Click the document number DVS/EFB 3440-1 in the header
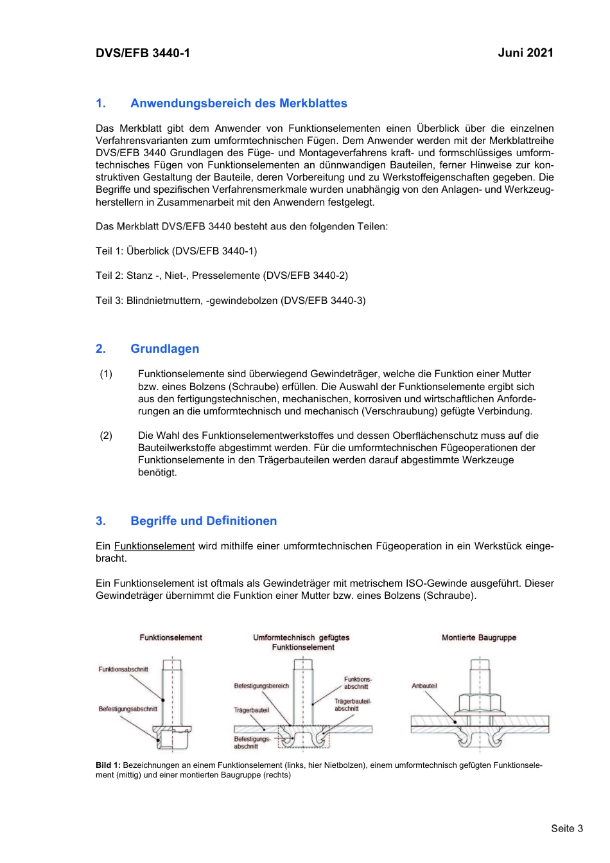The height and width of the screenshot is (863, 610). pos(143,53)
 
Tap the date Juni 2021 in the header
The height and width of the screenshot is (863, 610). pos(525,53)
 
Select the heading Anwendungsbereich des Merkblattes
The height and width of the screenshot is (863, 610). pos(238,103)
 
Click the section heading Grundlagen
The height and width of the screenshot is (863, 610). pos(164,349)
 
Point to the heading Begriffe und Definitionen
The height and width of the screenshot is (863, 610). pos(204,521)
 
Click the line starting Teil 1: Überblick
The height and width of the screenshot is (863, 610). pos(176,251)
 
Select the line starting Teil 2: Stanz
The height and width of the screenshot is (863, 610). pos(222,276)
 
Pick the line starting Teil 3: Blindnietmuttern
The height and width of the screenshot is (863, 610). pos(231,301)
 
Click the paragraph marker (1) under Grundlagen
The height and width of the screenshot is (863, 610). pos(106,374)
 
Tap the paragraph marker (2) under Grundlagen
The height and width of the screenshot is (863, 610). pos(106,436)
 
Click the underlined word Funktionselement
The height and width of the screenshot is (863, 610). pos(154,546)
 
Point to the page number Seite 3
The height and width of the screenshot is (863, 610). pos(567,828)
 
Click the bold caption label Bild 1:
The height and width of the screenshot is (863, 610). pos(108,765)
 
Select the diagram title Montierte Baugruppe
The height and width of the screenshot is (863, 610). pos(479,637)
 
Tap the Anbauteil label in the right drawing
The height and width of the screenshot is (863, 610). pos(424,686)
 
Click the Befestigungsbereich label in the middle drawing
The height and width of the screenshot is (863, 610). pos(261,686)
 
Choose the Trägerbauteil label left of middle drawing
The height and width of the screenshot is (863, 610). pos(251,710)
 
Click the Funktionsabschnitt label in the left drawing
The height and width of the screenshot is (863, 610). pos(123,669)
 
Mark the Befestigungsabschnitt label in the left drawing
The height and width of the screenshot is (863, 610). pos(128,709)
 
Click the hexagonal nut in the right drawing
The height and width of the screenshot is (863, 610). pos(480,702)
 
